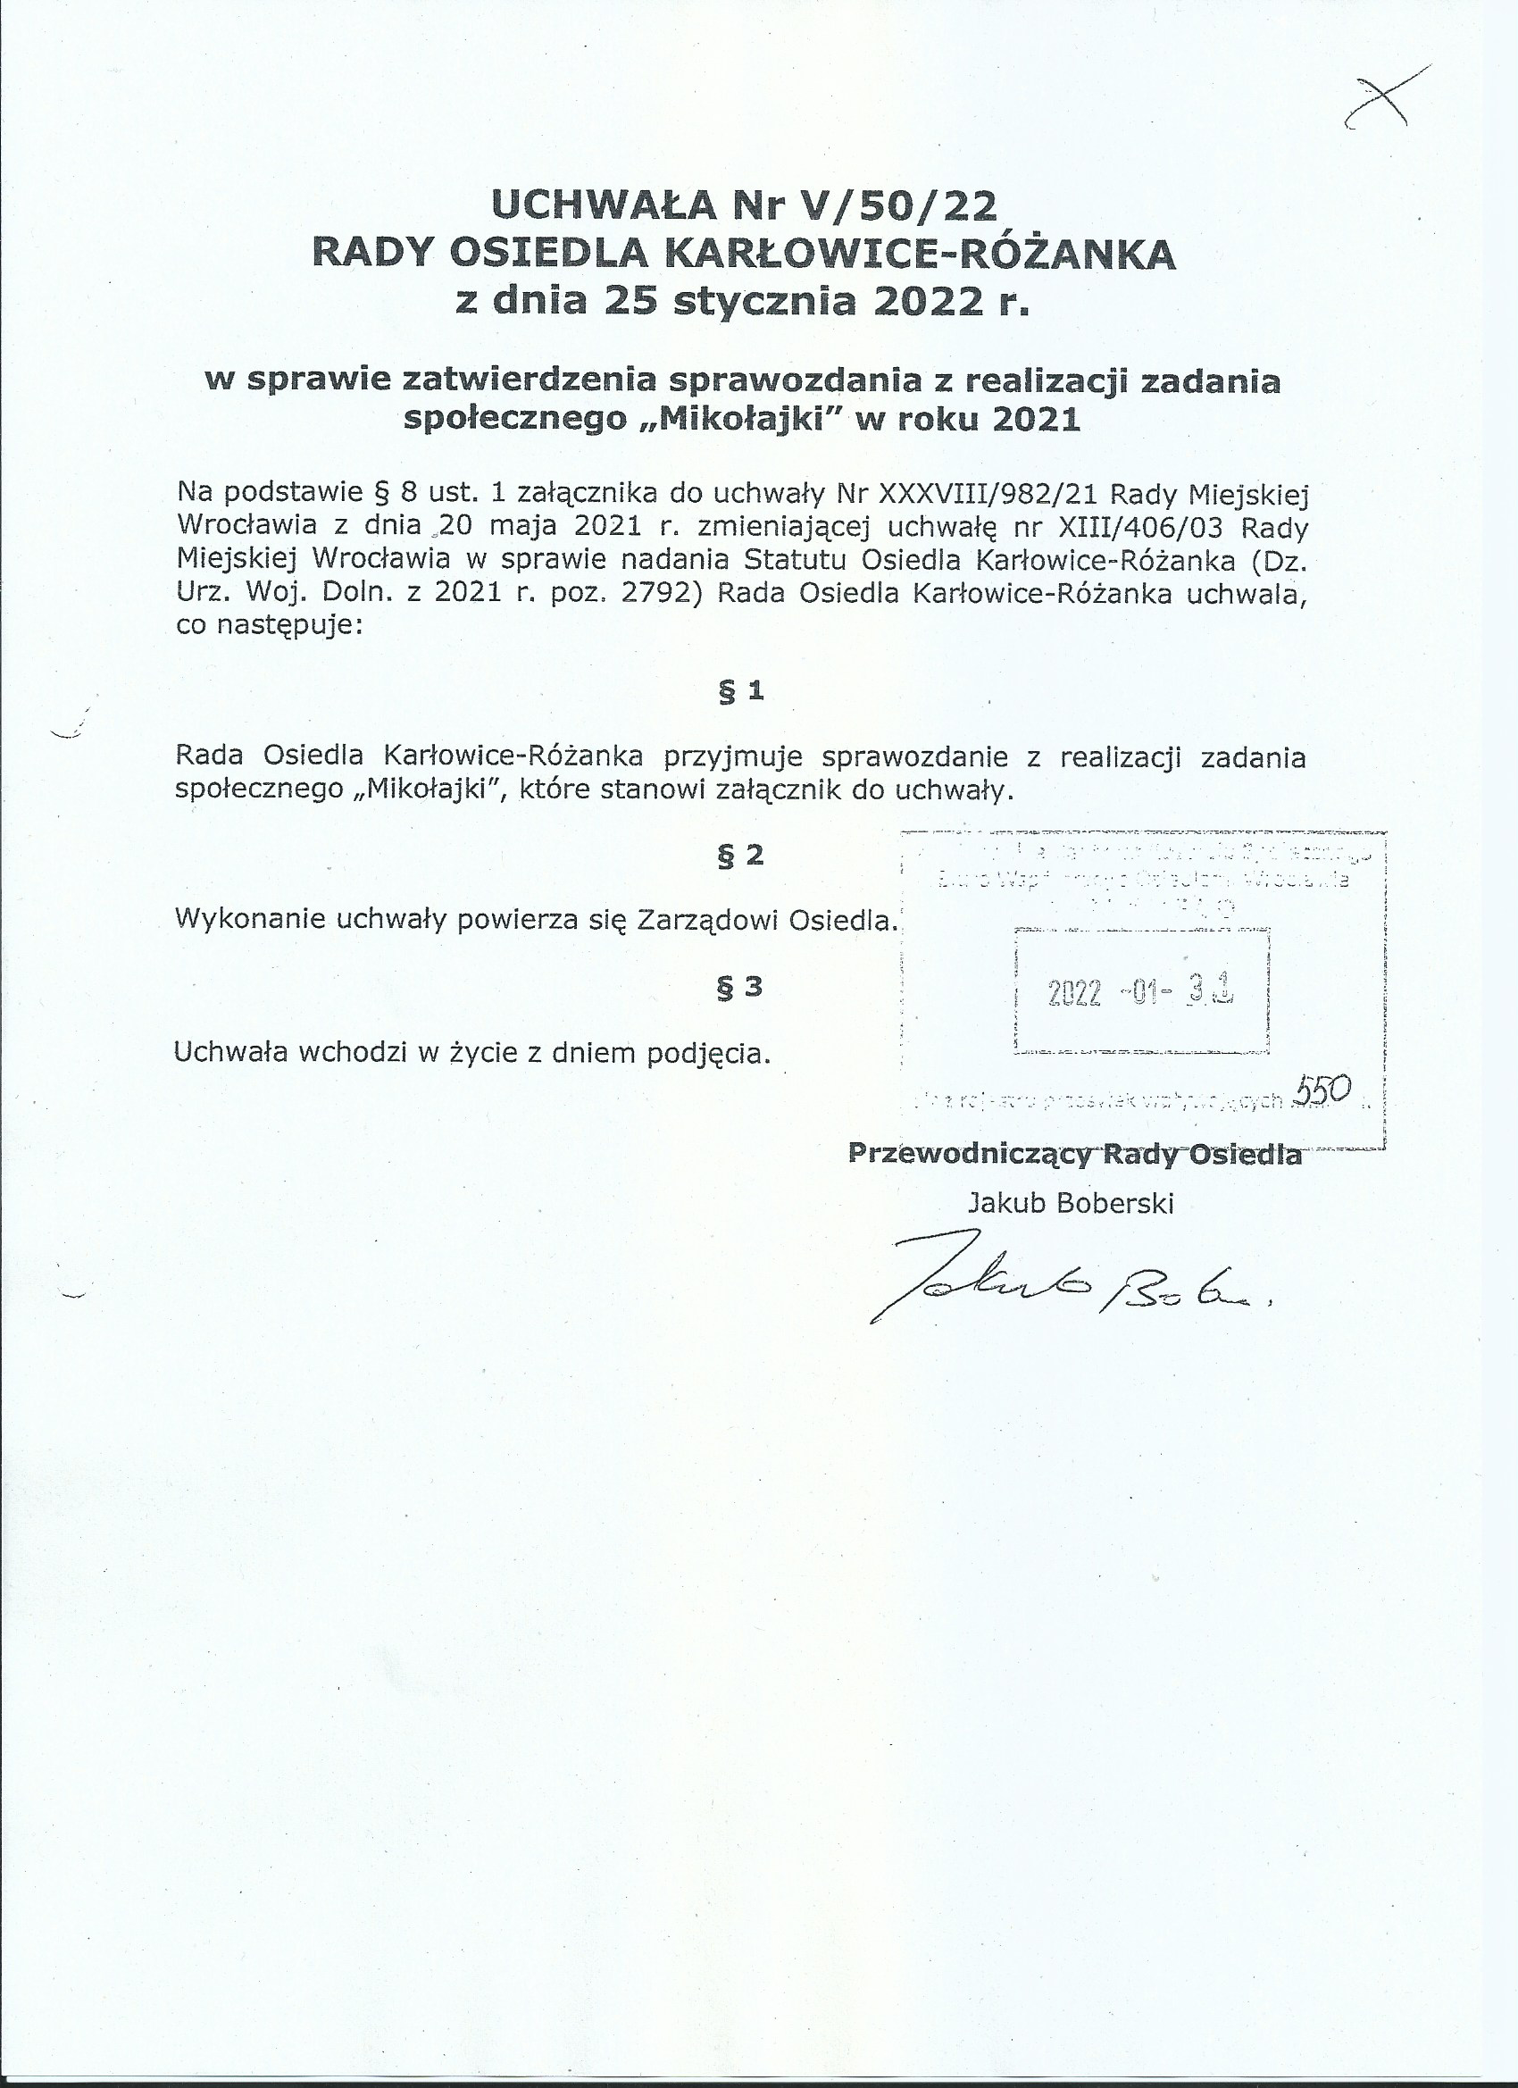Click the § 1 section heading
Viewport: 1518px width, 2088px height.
741,691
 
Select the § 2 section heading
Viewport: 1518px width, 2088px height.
741,856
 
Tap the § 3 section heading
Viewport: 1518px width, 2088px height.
740,987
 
